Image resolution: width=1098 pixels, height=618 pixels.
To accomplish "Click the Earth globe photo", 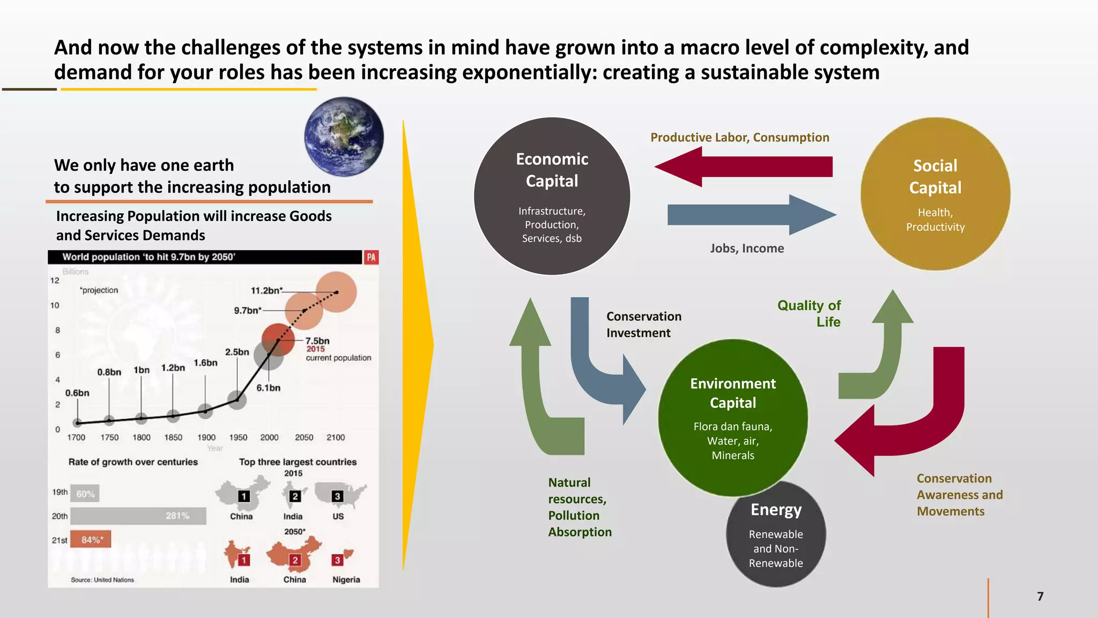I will (x=344, y=137).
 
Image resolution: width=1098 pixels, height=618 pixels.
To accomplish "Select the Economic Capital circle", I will (x=552, y=196).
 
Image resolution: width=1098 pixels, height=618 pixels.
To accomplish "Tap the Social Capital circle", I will (x=935, y=194).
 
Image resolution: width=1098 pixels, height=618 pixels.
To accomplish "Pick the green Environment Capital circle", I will (x=732, y=417).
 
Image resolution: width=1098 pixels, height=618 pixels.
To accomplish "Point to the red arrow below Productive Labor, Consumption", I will (x=743, y=167).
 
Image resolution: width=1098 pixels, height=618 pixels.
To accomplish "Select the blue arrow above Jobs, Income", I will (x=751, y=215).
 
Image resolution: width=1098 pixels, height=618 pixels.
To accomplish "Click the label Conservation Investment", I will (x=643, y=325).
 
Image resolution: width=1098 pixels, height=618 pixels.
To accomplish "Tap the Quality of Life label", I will (x=809, y=313).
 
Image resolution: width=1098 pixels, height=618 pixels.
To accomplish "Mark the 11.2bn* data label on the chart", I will (x=266, y=291).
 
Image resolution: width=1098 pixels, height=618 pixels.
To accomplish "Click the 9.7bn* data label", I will (x=248, y=311).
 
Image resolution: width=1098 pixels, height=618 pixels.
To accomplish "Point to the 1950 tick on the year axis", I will (x=238, y=438).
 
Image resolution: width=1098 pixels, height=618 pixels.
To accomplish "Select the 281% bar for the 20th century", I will (x=138, y=516).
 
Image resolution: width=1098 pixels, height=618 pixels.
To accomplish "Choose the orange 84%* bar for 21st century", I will (x=91, y=540).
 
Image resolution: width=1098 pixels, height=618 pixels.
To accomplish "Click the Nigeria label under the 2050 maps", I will (x=346, y=580).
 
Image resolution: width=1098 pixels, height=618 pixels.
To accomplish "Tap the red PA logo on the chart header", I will (x=371, y=257).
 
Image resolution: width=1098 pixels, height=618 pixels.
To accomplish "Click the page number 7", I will (x=1040, y=597).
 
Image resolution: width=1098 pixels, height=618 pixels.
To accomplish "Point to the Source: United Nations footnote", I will (x=102, y=580).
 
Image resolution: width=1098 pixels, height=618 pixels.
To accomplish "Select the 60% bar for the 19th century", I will (x=85, y=494).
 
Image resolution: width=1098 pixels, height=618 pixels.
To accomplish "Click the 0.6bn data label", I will (x=77, y=393).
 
